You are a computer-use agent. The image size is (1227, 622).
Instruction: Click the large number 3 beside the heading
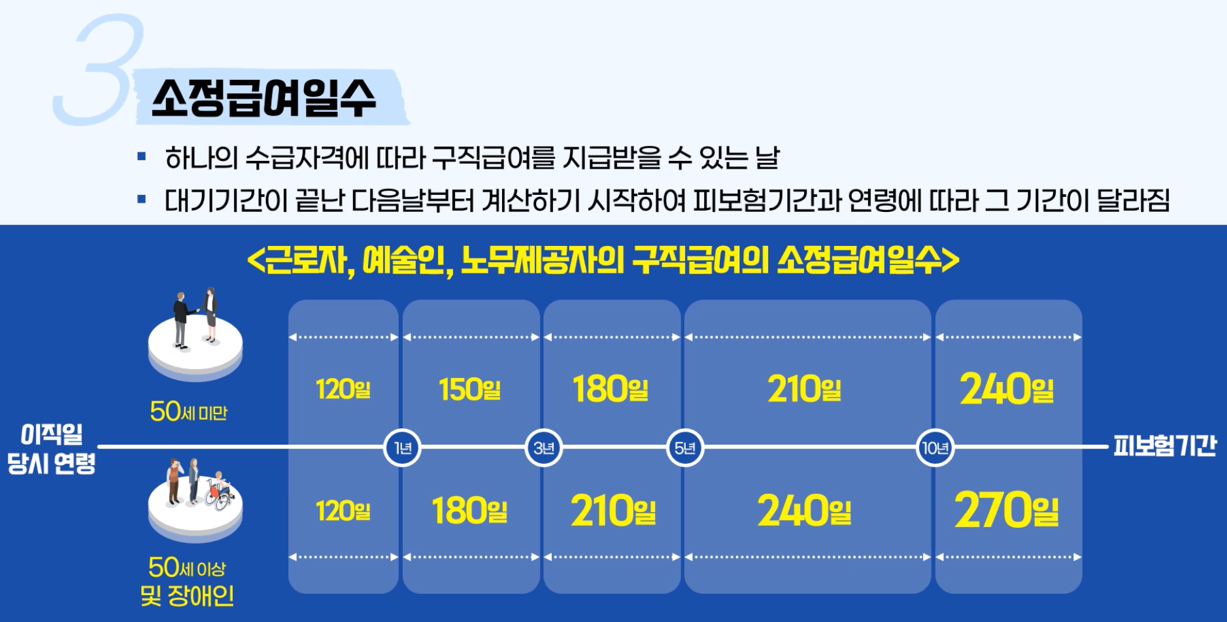[x=100, y=71]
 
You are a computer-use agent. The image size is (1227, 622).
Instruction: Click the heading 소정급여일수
[x=264, y=99]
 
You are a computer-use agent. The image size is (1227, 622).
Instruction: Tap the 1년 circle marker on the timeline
[x=402, y=448]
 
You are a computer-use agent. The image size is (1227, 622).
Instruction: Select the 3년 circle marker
[x=544, y=448]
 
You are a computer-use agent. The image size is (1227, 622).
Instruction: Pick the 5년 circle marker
[x=685, y=448]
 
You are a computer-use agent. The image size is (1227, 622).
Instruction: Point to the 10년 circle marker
[x=935, y=448]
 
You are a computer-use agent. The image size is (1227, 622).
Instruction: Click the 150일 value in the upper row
[x=470, y=389]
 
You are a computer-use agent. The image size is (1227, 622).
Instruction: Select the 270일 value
[x=1007, y=510]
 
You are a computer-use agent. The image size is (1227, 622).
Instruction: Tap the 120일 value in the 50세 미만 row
[x=343, y=389]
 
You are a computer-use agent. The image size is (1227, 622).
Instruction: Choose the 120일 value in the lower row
[x=343, y=511]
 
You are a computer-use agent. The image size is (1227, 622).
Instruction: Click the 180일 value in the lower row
[x=470, y=511]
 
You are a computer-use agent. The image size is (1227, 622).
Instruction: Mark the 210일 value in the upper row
[x=805, y=389]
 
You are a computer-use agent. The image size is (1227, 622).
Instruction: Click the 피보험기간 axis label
[x=1164, y=446]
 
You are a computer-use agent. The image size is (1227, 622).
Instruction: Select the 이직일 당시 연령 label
[x=52, y=448]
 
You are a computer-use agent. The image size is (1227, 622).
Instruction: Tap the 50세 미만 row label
[x=188, y=412]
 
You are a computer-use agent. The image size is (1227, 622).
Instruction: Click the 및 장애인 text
[x=187, y=596]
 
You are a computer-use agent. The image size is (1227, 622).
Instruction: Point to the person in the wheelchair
[x=220, y=491]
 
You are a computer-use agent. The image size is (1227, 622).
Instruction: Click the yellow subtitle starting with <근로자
[x=603, y=260]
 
